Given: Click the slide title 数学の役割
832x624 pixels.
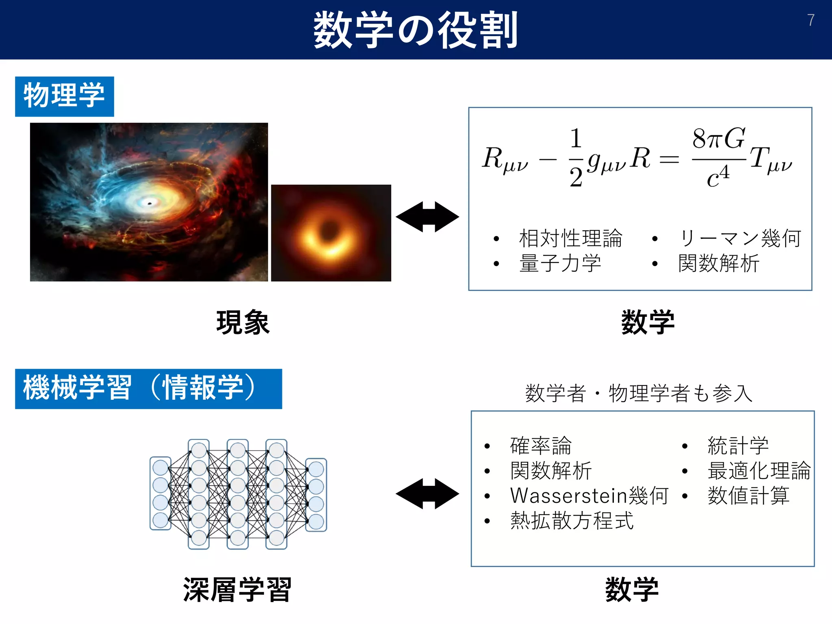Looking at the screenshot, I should coord(415,30).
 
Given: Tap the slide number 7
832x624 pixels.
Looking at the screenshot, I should coord(810,20).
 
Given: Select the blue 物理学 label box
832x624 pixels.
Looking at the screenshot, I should coord(65,96).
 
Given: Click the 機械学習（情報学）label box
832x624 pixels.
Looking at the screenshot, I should coord(148,388).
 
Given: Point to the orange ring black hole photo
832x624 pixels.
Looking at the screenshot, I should coord(331,233).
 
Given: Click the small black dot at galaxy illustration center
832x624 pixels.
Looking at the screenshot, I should coord(149,203).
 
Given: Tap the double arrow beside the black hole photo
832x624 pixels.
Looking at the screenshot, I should coord(427,217).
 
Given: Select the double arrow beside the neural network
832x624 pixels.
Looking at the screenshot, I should coord(427,493).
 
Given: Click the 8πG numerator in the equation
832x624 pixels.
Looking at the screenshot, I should coord(718,138).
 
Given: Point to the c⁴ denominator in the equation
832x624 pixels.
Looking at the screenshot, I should coord(718,177).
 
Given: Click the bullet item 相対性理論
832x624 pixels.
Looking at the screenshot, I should coord(570,238).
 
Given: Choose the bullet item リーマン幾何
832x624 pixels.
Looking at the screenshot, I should coord(740,238).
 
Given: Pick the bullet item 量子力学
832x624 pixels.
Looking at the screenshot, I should coord(560,263).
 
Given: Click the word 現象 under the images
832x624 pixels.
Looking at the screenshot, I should coord(243,323).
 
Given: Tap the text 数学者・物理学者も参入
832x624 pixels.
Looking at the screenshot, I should coord(639,393).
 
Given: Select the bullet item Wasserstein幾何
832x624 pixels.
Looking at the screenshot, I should coord(589,495).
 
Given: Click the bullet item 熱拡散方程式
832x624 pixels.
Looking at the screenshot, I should coord(572,520).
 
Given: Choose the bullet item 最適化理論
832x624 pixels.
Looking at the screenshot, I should coord(759,470).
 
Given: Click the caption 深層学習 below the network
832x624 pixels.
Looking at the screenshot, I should coord(237,589).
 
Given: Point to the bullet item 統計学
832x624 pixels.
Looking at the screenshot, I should coord(738,446).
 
